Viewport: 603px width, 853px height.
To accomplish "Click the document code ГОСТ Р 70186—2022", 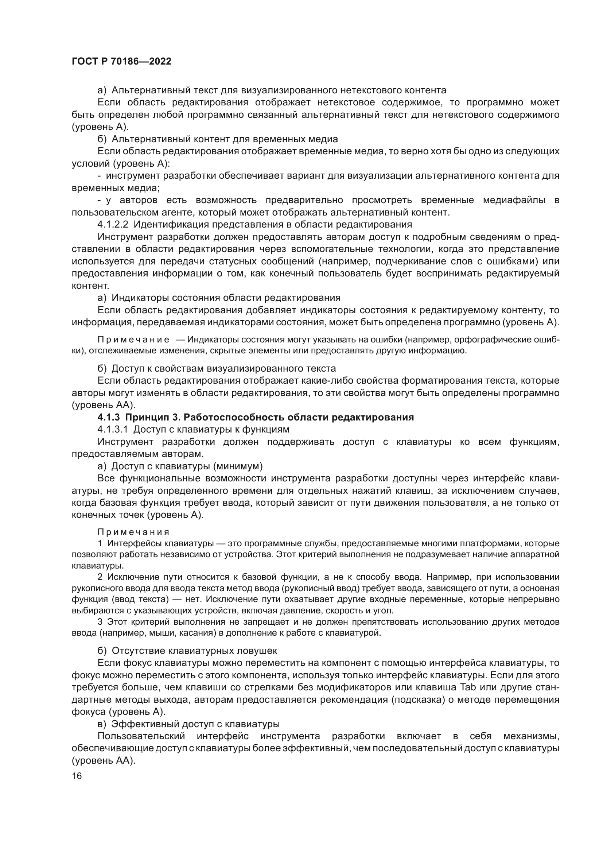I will (121, 62).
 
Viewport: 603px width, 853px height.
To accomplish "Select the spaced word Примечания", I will (133, 532).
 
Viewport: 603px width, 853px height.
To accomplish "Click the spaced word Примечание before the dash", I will (133, 340).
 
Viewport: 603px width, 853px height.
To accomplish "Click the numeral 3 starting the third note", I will (100, 622).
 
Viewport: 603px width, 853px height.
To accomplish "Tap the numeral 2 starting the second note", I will (100, 577).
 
